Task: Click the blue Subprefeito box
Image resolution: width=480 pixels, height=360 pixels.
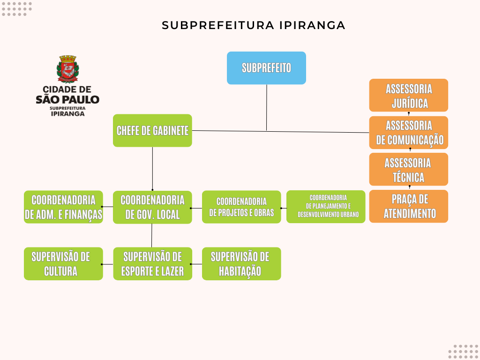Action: pyautogui.click(x=266, y=68)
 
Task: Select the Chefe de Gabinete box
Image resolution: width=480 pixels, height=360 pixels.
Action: pyautogui.click(x=152, y=130)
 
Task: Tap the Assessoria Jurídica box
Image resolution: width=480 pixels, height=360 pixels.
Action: pyautogui.click(x=409, y=95)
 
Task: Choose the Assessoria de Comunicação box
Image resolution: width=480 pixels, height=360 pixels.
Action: pyautogui.click(x=409, y=133)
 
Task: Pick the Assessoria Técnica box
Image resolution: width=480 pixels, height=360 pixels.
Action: pyautogui.click(x=409, y=169)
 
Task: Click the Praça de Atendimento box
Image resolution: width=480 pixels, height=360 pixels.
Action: pyautogui.click(x=409, y=206)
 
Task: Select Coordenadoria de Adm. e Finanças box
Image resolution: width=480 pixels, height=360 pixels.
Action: pyautogui.click(x=63, y=207)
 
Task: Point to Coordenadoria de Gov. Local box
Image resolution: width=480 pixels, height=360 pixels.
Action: pyautogui.click(x=152, y=207)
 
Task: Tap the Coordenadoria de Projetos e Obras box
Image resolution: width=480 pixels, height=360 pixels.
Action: pyautogui.click(x=241, y=207)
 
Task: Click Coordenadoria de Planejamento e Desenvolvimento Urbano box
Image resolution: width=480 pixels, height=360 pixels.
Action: pyautogui.click(x=326, y=207)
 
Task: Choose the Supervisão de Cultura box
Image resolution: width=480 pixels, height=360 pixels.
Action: pyautogui.click(x=63, y=263)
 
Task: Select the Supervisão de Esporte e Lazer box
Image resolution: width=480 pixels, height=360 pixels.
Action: pyautogui.click(x=152, y=263)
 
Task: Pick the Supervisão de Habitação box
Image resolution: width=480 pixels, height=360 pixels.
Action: pyautogui.click(x=241, y=263)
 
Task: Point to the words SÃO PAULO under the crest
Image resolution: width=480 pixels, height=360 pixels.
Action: pyautogui.click(x=67, y=99)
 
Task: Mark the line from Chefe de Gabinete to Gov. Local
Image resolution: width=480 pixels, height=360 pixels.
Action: pyautogui.click(x=152, y=169)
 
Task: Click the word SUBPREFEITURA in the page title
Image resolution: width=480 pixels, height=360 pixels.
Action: pyautogui.click(x=217, y=25)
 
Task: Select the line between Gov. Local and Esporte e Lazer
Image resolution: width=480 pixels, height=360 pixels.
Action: pyautogui.click(x=152, y=235)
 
